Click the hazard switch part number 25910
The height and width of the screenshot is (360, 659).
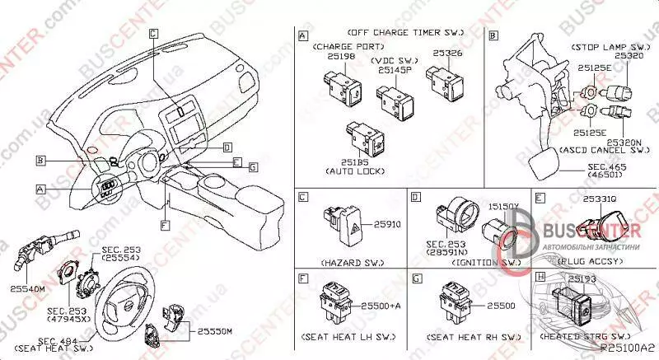(385, 224)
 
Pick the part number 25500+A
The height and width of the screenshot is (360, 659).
(385, 305)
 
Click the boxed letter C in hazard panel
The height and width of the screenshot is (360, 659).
(303, 198)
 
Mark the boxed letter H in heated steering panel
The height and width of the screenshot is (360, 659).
(540, 278)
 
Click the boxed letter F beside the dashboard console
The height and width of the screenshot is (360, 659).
(164, 224)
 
